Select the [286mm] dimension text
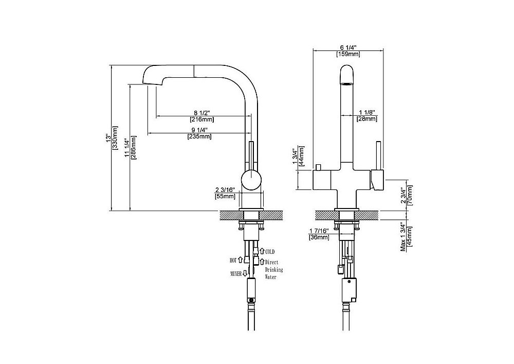[x=134, y=147]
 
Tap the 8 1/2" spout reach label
[x=201, y=113]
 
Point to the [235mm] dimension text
[x=199, y=136]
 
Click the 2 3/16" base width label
[x=225, y=190]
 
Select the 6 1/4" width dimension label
[x=348, y=47]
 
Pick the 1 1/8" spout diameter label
[x=367, y=113]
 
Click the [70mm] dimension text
[x=410, y=195]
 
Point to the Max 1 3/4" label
[x=403, y=237]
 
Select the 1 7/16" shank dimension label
[x=319, y=231]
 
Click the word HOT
[x=233, y=261]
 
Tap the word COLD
[x=270, y=252]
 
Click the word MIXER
[x=236, y=273]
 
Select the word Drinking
[x=274, y=270]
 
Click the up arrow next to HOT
[x=240, y=260]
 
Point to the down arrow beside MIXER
[x=245, y=273]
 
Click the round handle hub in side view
[x=251, y=180]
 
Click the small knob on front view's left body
[x=318, y=167]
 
